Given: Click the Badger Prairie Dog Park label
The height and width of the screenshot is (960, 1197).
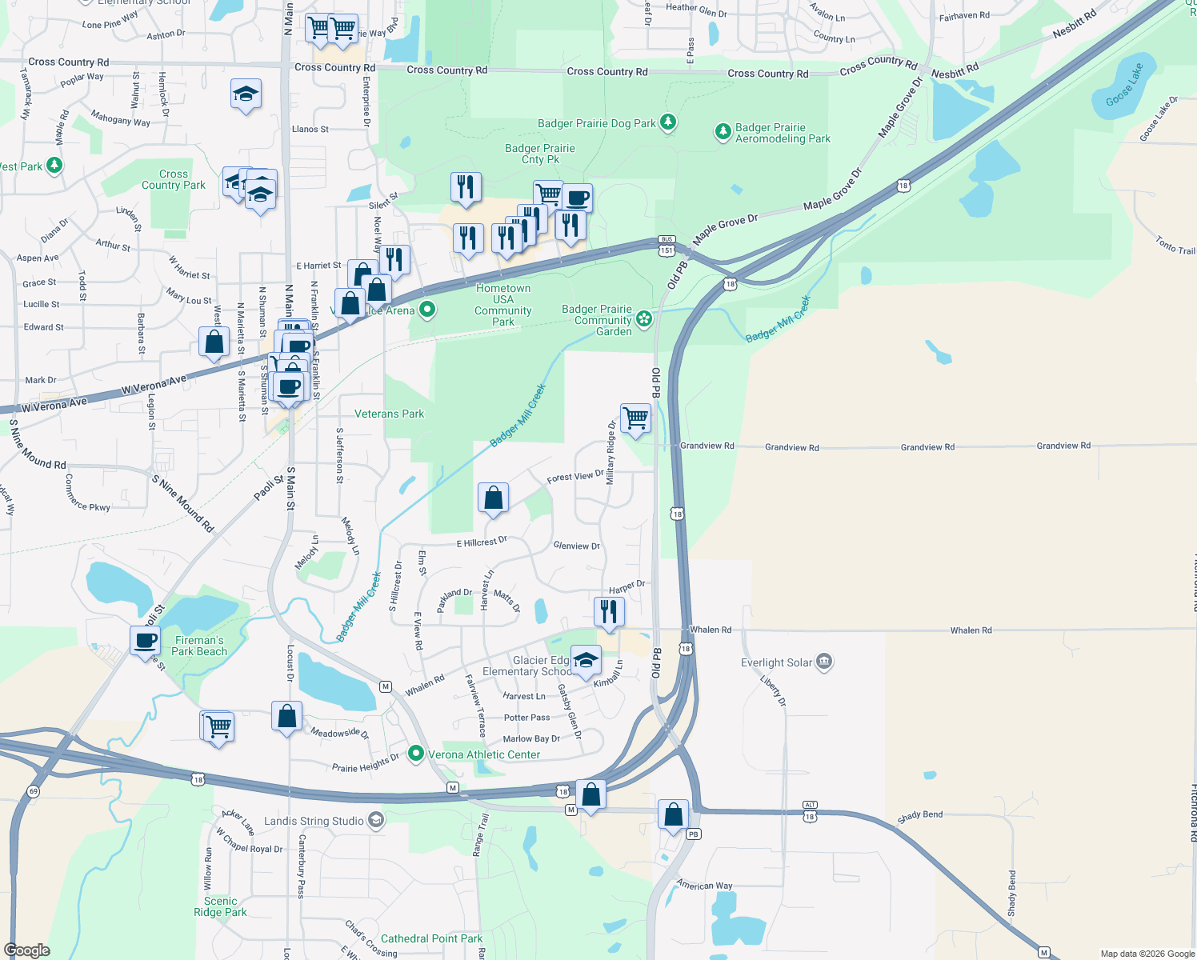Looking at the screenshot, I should [597, 123].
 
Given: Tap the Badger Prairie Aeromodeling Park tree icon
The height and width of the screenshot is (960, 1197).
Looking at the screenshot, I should [723, 131].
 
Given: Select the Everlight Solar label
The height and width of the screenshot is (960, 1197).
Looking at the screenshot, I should [776, 662].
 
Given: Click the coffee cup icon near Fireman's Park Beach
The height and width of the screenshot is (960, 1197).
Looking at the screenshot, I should [146, 641].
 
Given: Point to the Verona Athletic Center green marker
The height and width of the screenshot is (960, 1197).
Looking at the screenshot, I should [415, 754].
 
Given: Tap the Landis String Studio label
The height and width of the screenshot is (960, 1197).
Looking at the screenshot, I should [314, 821].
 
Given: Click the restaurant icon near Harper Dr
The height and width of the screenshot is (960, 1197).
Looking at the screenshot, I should [609, 612].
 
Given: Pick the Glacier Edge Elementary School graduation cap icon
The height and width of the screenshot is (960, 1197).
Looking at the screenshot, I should [586, 660].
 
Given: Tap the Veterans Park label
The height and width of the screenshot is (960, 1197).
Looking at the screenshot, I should [389, 414].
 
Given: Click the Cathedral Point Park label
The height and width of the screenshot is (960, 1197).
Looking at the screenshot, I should [431, 938].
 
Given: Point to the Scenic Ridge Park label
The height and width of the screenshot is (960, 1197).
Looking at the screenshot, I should [220, 906].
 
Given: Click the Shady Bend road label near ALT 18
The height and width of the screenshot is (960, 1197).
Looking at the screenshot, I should [919, 815].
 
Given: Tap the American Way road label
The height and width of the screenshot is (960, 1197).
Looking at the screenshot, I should [704, 885].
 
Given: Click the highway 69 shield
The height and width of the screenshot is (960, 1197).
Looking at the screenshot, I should [33, 791].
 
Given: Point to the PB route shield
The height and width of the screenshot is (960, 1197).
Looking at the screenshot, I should [693, 834].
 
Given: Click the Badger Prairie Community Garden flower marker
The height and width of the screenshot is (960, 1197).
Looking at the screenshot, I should [644, 319].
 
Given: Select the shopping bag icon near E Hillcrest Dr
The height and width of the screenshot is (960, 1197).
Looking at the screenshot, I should [494, 498].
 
